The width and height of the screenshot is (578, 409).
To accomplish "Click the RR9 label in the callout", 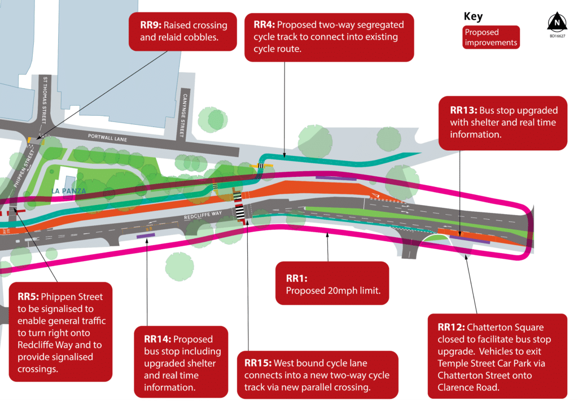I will (x=151, y=25).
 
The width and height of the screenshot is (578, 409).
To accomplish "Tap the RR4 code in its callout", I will (x=264, y=25).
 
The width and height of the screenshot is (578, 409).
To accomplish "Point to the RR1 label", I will (x=296, y=278).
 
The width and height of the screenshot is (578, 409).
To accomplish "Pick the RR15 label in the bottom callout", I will (x=258, y=362).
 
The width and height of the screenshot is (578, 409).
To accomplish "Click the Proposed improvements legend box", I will (x=490, y=37).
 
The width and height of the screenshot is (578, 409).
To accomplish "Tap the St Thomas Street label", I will (x=46, y=99).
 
